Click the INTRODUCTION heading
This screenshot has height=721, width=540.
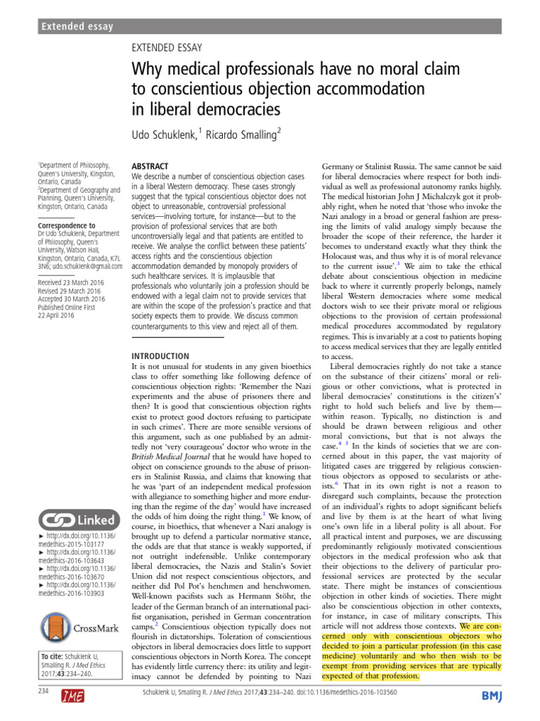point(160,356)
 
